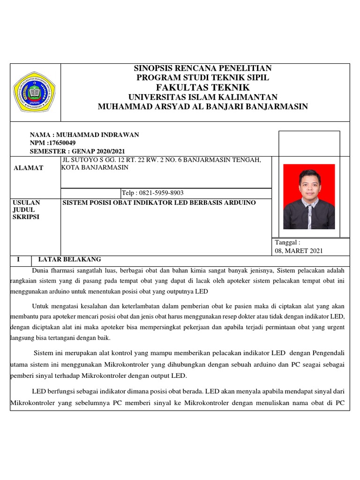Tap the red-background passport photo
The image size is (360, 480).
pyautogui.click(x=309, y=196)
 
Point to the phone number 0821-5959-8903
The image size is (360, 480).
pyautogui.click(x=160, y=193)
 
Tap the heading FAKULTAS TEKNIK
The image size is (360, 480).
pyautogui.click(x=202, y=88)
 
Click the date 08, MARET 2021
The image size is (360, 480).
pyautogui.click(x=299, y=251)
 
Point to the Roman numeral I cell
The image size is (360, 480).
pyautogui.click(x=18, y=259)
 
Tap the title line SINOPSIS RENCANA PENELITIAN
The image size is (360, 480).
pyautogui.click(x=202, y=68)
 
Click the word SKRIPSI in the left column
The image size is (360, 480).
pyautogui.click(x=28, y=217)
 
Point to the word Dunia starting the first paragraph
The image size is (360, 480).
pyautogui.click(x=41, y=270)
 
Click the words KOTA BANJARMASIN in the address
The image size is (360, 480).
pyautogui.click(x=95, y=168)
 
